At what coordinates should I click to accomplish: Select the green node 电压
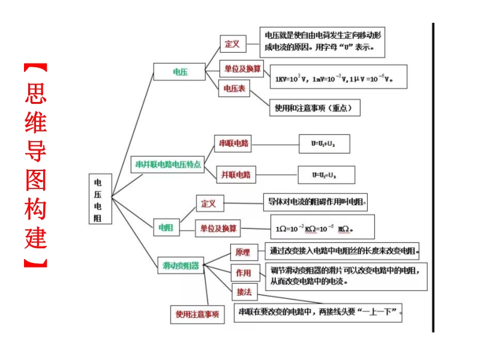[180, 71]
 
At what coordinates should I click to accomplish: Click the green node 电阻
[166, 227]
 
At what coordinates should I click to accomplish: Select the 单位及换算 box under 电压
[243, 68]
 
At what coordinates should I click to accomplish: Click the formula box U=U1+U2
[324, 144]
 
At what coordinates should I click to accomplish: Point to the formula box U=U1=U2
[326, 175]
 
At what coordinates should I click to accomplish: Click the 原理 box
[243, 253]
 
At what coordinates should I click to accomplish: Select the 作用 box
[243, 272]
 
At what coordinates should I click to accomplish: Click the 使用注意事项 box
[197, 314]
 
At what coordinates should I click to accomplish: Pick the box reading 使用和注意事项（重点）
[317, 108]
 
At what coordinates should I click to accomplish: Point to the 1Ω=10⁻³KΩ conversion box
[322, 227]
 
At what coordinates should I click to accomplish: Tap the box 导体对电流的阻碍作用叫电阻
[316, 202]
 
